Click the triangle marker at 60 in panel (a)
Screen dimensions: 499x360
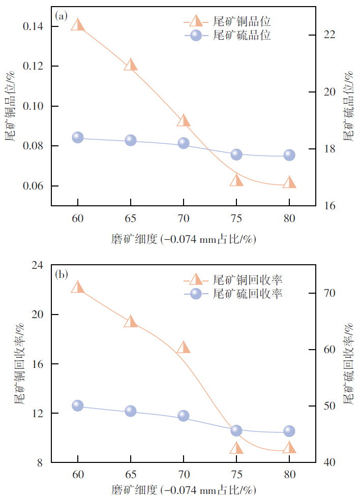[78, 25]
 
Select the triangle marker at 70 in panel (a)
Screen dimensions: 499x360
[184, 121]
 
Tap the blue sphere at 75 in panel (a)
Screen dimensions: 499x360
[236, 154]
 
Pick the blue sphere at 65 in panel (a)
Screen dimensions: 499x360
[131, 140]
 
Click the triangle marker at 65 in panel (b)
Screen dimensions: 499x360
[131, 322]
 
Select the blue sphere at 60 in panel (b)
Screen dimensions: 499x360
[78, 406]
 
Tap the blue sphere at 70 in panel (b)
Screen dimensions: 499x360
[184, 416]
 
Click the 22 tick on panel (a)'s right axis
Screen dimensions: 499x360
[330, 35]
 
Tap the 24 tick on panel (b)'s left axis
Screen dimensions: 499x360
[39, 265]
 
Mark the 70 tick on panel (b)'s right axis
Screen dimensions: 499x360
[330, 293]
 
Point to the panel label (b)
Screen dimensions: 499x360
[62, 275]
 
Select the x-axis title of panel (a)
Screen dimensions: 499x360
[183, 238]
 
